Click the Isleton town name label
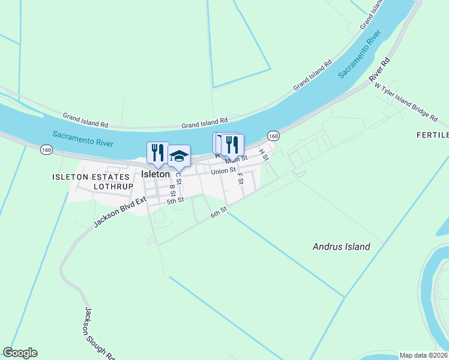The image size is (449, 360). click(x=156, y=174)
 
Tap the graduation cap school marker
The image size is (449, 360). click(x=179, y=156)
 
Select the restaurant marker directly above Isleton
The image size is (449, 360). click(x=158, y=152)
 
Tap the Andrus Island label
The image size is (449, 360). click(x=342, y=247)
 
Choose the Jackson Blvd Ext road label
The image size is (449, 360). click(x=120, y=212)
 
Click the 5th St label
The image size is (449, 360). click(x=175, y=200)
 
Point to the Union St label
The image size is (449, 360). click(x=223, y=172)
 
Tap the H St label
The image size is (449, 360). click(x=263, y=154)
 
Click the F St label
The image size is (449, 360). click(x=240, y=178)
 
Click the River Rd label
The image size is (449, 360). click(x=380, y=69)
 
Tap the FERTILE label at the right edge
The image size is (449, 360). click(x=433, y=135)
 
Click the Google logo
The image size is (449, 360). click(x=20, y=353)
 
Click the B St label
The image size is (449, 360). click(x=172, y=190)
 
